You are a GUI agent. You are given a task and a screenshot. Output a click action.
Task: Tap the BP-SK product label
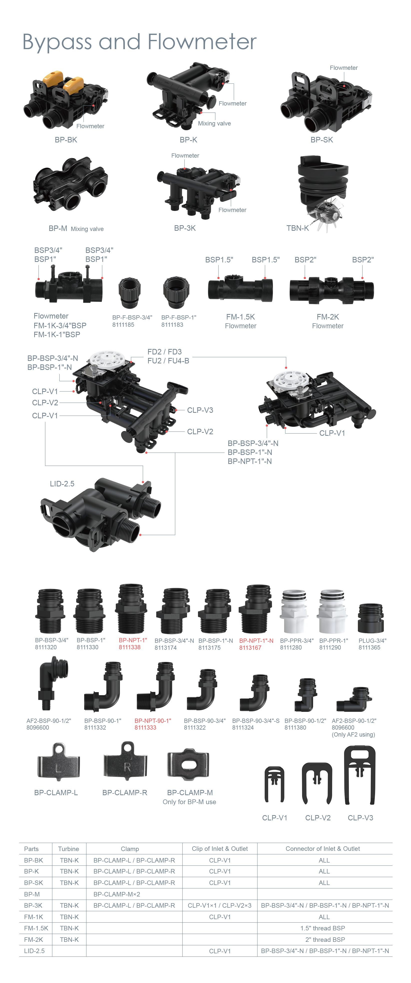click(x=322, y=140)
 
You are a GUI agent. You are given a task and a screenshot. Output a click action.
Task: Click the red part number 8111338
click(x=130, y=647)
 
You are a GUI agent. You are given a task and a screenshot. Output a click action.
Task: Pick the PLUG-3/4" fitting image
click(x=371, y=618)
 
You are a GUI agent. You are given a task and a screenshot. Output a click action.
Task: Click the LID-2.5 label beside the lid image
click(x=62, y=484)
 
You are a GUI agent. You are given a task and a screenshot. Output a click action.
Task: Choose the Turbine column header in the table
click(x=68, y=849)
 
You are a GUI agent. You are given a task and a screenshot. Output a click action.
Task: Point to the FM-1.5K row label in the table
click(x=36, y=928)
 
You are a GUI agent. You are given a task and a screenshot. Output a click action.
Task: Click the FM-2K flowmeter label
click(x=328, y=317)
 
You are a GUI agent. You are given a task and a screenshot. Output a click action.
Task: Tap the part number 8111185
click(x=123, y=325)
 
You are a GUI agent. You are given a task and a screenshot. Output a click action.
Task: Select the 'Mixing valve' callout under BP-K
click(x=214, y=123)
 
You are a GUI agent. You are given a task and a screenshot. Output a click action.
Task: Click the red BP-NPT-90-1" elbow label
click(x=153, y=720)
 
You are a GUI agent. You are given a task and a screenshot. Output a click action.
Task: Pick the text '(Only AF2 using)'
click(x=353, y=735)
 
